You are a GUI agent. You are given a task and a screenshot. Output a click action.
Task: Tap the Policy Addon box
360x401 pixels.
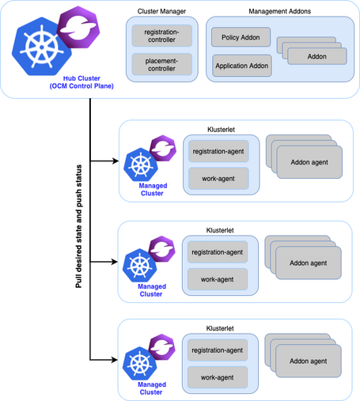point(241,37)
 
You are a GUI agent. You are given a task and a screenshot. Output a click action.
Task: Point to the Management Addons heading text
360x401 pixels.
point(279,11)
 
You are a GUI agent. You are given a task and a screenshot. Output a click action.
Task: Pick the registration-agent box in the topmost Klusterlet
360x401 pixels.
point(218,151)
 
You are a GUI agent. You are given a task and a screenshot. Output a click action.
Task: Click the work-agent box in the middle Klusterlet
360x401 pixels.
point(218,278)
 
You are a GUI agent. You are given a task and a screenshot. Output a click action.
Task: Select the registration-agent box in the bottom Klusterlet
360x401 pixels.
point(218,350)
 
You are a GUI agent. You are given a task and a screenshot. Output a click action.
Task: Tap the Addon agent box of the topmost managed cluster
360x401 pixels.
point(309,162)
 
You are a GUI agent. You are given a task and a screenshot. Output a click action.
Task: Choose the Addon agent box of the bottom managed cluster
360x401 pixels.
point(309,361)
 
